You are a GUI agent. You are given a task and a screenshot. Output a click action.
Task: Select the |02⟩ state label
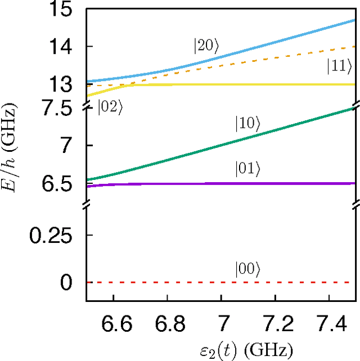pyautogui.click(x=110, y=107)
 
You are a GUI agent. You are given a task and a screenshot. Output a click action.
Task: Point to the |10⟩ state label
pyautogui.click(x=247, y=125)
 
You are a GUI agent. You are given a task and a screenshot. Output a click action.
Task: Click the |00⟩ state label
pyautogui.click(x=247, y=270)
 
